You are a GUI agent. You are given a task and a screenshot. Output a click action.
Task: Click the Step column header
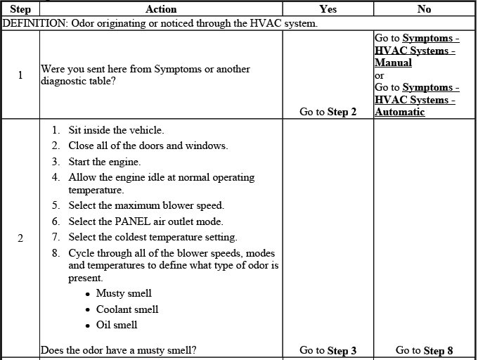[x=20, y=9]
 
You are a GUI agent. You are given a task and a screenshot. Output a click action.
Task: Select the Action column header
[x=161, y=9]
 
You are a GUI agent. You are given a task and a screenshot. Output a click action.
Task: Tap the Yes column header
[x=328, y=9]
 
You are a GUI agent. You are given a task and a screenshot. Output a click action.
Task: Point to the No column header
[x=424, y=9]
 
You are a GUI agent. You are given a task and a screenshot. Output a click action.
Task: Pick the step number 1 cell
[x=20, y=75]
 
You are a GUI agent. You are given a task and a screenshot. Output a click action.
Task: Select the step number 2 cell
[x=20, y=238]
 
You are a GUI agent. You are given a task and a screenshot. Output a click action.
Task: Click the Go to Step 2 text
[x=328, y=112]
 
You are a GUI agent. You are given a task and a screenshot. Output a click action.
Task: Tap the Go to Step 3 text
[x=328, y=350]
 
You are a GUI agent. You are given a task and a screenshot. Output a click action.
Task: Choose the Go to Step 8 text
[x=424, y=350]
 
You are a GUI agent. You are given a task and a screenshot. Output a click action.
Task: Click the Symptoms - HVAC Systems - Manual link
[x=416, y=50]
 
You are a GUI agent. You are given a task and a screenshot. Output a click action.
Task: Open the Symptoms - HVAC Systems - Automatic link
[x=416, y=100]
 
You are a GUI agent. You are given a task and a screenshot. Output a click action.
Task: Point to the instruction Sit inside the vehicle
[x=116, y=130]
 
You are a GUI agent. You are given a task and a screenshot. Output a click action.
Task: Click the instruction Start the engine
[x=104, y=162]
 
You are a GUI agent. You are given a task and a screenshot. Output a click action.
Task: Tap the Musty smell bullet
[x=124, y=293]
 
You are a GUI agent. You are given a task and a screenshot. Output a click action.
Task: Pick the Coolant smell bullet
[x=127, y=309]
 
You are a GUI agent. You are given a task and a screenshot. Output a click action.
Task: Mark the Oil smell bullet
[x=117, y=325]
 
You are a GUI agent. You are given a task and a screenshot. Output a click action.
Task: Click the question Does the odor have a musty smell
[x=118, y=349]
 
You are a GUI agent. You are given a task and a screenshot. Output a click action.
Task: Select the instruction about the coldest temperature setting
[x=153, y=237]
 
